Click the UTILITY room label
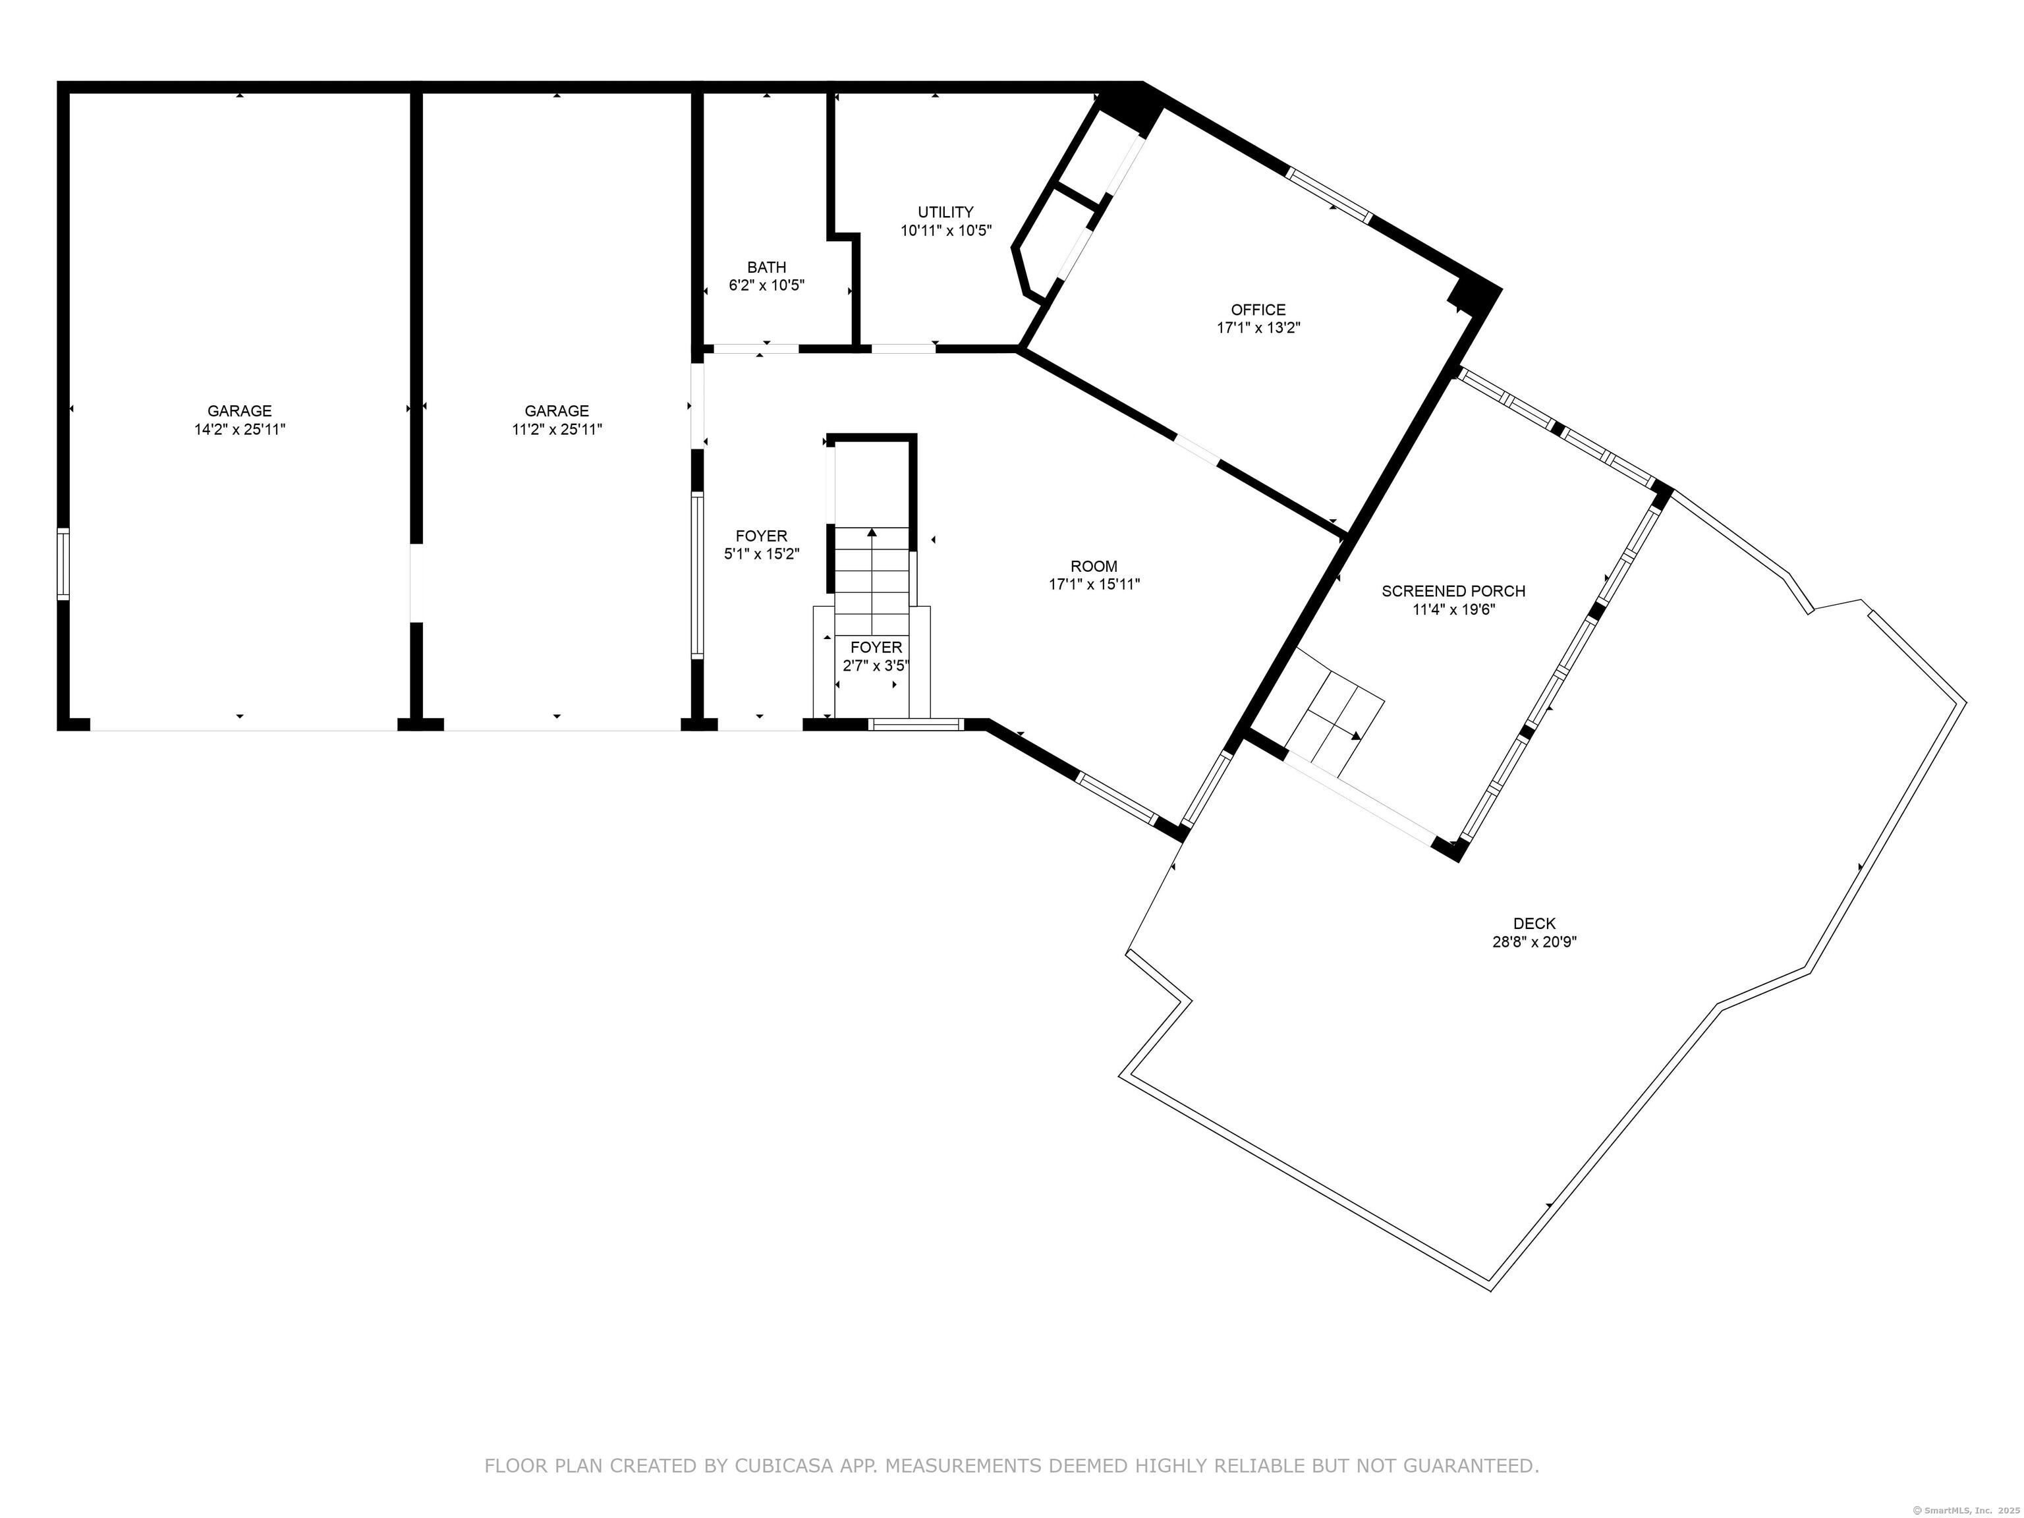click(945, 212)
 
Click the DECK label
click(1534, 924)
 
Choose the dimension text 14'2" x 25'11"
click(240, 429)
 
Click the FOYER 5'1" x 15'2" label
click(761, 544)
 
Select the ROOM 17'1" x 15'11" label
click(1094, 576)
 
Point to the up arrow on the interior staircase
click(872, 532)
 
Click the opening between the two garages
click(416, 584)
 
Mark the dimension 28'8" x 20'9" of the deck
click(1534, 942)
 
